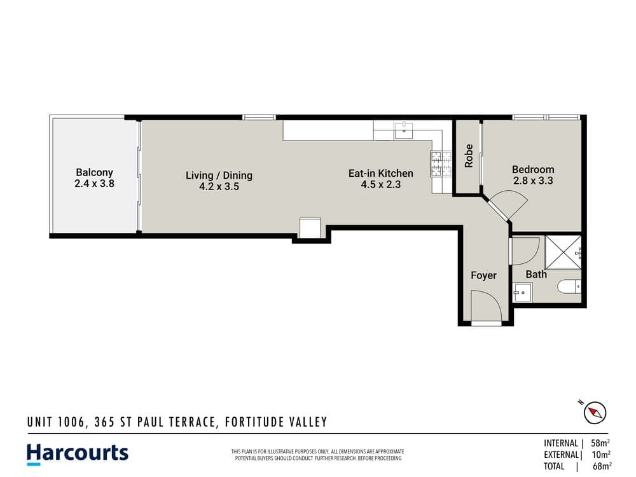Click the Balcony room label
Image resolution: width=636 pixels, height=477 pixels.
[94, 172]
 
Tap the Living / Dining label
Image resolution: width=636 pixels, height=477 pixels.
[219, 176]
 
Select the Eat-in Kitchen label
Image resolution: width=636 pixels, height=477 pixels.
[381, 173]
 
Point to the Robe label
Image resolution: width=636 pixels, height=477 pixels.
[469, 156]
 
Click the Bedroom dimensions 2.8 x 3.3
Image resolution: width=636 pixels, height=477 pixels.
[533, 181]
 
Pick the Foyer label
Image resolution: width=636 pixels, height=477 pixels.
[483, 275]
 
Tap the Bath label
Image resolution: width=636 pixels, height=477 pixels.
[536, 275]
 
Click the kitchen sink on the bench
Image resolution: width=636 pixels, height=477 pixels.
[404, 130]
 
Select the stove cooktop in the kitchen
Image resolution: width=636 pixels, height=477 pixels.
[441, 164]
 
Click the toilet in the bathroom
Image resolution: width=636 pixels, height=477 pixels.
[569, 287]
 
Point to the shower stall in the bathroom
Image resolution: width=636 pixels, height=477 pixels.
[563, 252]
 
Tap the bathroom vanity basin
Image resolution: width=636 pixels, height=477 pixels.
[522, 292]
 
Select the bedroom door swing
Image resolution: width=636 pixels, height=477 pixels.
[507, 205]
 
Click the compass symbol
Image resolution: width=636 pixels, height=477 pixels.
[595, 413]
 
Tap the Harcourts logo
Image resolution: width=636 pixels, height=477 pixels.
[78, 454]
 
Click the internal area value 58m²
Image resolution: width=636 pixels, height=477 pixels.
[600, 443]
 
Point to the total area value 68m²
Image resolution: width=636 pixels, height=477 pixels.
[602, 466]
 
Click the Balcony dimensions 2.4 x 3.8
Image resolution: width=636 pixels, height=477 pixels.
[95, 183]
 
